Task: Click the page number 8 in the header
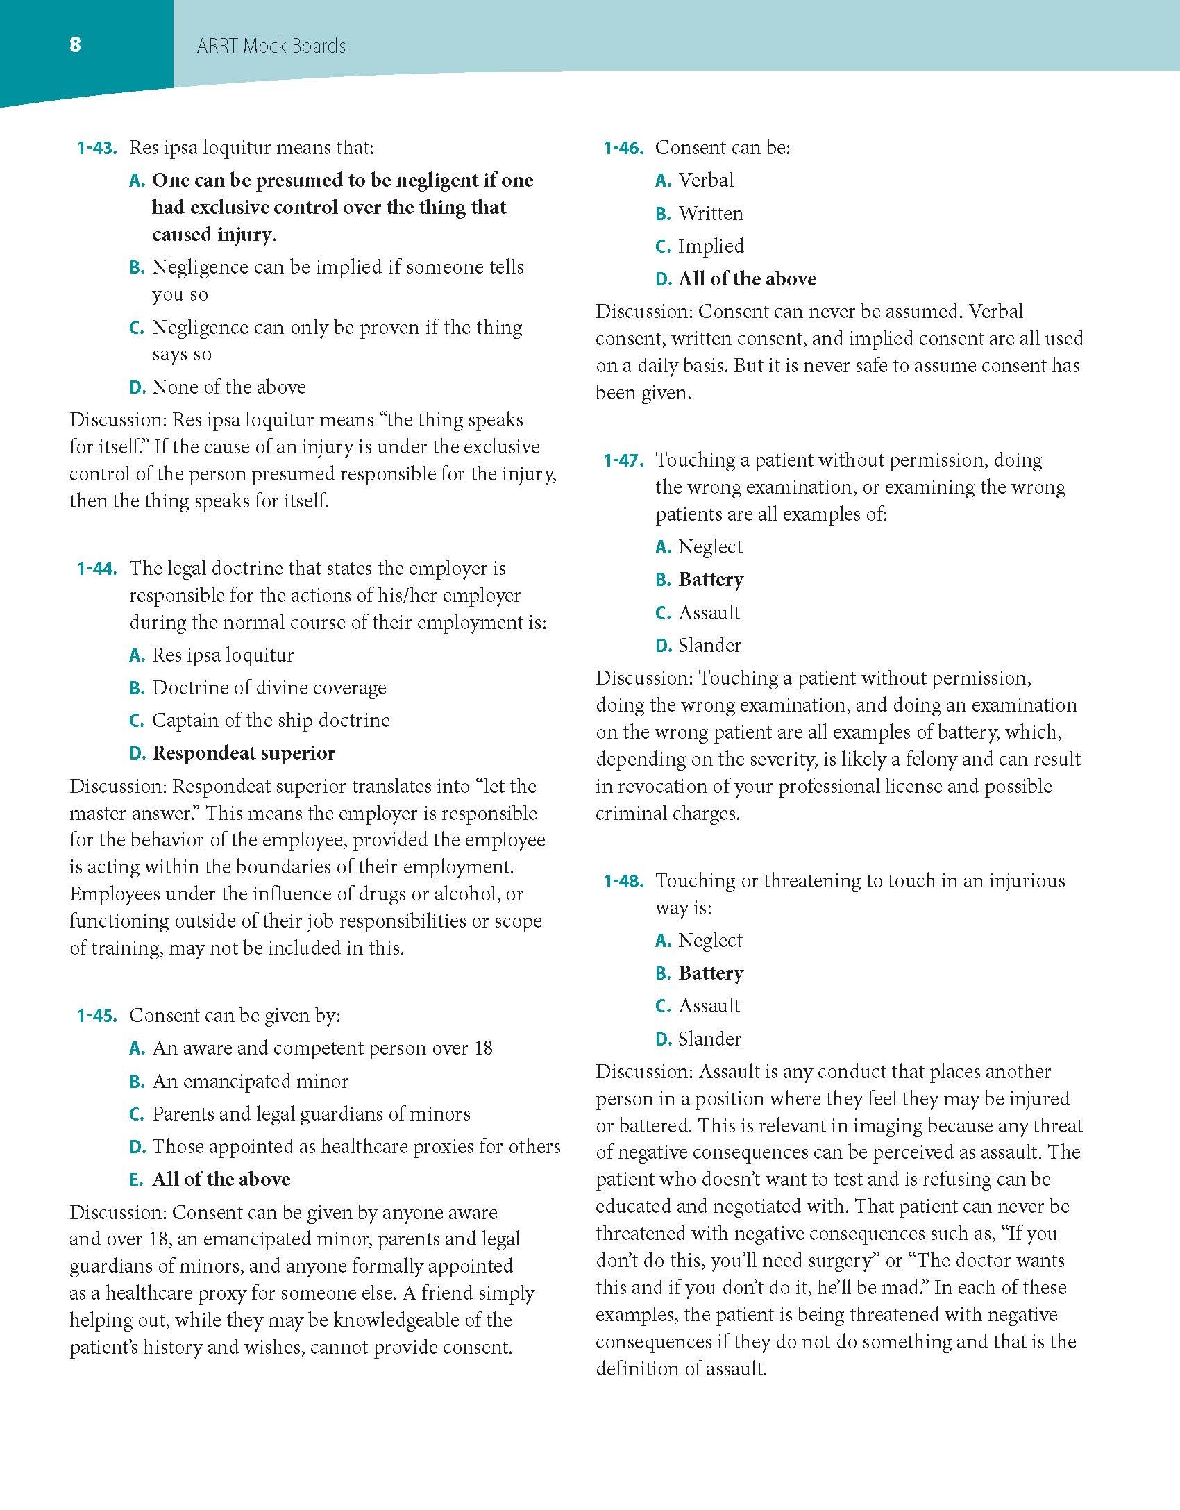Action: pos(75,45)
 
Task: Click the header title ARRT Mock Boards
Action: pos(271,47)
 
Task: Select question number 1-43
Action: pos(96,148)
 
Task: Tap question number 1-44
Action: pos(96,569)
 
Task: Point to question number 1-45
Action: pos(96,1016)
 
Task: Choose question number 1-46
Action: pos(623,148)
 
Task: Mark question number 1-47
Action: pos(623,460)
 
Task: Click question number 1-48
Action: pos(623,881)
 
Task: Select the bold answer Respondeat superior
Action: pos(244,753)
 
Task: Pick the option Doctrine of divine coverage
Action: pos(269,688)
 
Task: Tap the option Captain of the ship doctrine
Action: pos(271,721)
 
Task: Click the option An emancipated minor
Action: pos(250,1082)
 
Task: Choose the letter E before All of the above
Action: pos(137,1180)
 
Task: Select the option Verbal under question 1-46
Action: pos(706,181)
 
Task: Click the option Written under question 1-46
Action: pos(711,214)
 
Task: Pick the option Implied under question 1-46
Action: pos(711,246)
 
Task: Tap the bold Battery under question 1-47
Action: pos(711,580)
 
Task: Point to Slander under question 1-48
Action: pos(709,1039)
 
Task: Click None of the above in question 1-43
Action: pos(229,387)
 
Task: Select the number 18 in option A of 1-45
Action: pos(483,1048)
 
